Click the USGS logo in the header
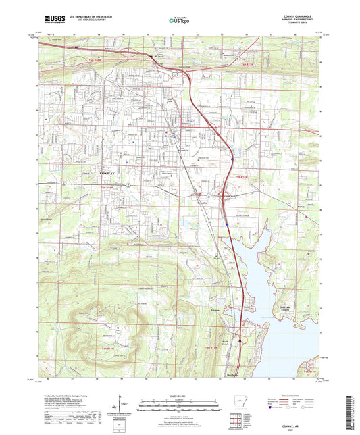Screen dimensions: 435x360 [x=54, y=20]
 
